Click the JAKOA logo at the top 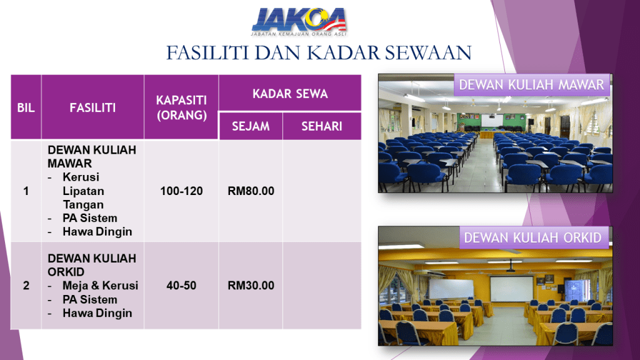pyautogui.click(x=299, y=21)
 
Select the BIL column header pyautogui.click(x=26, y=107)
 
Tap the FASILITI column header pyautogui.click(x=92, y=107)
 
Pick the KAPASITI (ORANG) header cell pyautogui.click(x=182, y=107)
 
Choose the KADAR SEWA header pyautogui.click(x=290, y=94)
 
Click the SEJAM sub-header pyautogui.click(x=251, y=126)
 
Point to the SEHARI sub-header pyautogui.click(x=322, y=126)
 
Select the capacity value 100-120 pyautogui.click(x=181, y=191)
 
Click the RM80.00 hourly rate pyautogui.click(x=251, y=191)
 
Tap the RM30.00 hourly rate pyautogui.click(x=251, y=285)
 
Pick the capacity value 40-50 pyautogui.click(x=181, y=285)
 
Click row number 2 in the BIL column pyautogui.click(x=26, y=285)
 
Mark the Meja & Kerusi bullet pyautogui.click(x=101, y=285)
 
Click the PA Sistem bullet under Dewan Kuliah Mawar pyautogui.click(x=90, y=218)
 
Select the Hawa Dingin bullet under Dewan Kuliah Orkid pyautogui.click(x=97, y=313)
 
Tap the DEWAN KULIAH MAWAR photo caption pyautogui.click(x=531, y=85)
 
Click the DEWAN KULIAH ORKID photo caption pyautogui.click(x=533, y=237)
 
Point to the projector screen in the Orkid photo pyautogui.click(x=511, y=289)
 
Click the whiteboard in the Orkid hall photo pyautogui.click(x=451, y=289)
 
